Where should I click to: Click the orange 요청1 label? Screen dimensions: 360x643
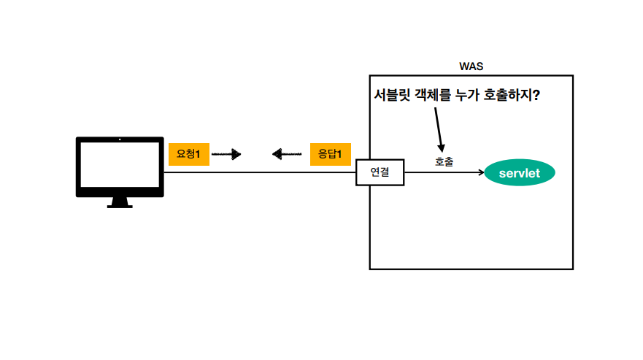[188, 154]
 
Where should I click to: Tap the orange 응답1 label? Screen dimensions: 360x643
[330, 154]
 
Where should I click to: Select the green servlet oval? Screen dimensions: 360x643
[520, 173]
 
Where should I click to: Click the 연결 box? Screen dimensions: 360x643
[380, 172]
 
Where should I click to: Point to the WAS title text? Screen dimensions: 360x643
[471, 66]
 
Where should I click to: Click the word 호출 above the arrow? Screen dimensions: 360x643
[444, 161]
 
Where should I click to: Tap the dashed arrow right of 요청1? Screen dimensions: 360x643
[226, 154]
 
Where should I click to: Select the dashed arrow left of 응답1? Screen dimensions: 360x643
[286, 154]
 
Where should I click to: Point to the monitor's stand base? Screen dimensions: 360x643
[120, 206]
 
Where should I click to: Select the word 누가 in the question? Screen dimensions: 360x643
[468, 96]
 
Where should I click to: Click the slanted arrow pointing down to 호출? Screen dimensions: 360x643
[439, 129]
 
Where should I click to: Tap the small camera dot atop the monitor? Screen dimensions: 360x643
[120, 139]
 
